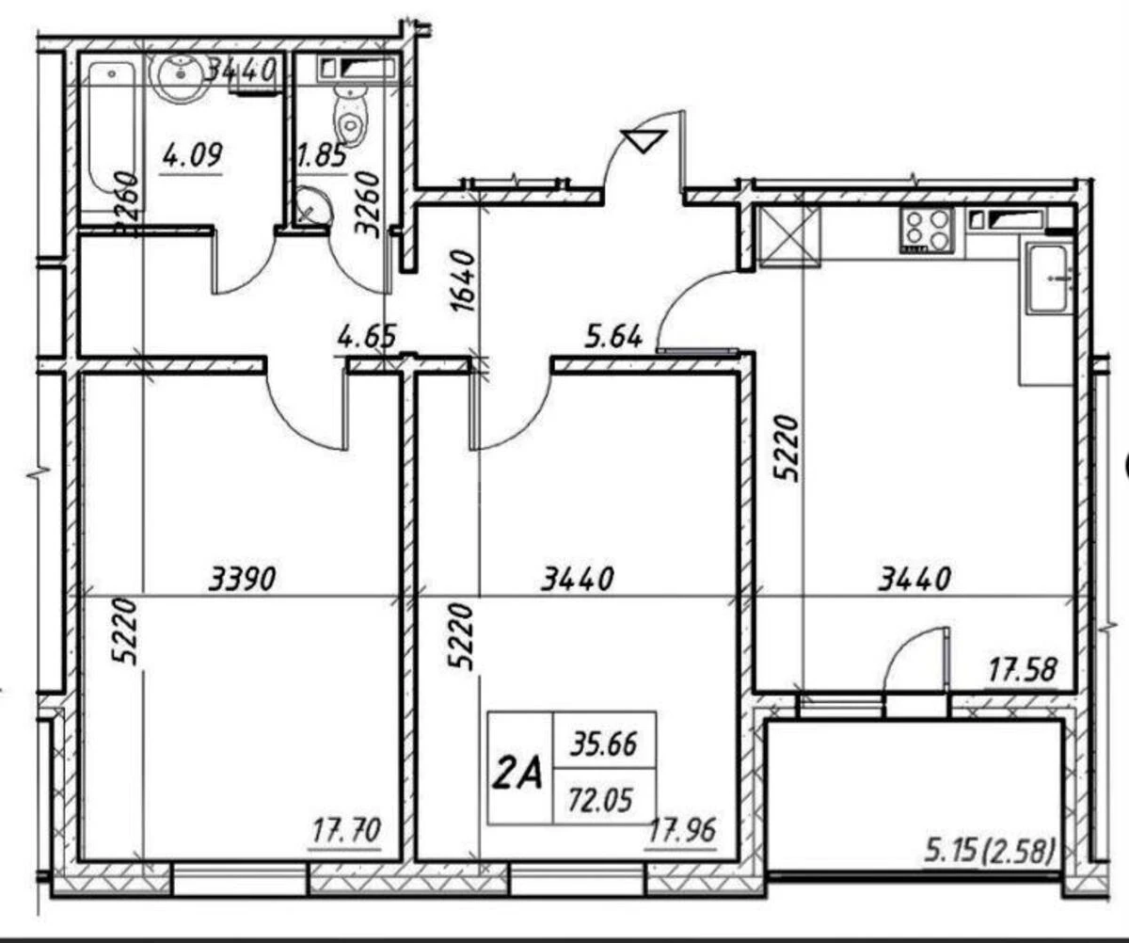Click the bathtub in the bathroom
click(x=108, y=132)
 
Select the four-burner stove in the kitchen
click(x=929, y=230)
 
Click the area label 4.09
click(x=191, y=154)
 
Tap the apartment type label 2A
click(x=518, y=775)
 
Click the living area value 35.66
click(x=603, y=744)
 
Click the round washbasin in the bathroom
click(x=177, y=75)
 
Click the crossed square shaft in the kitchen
click(x=789, y=235)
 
